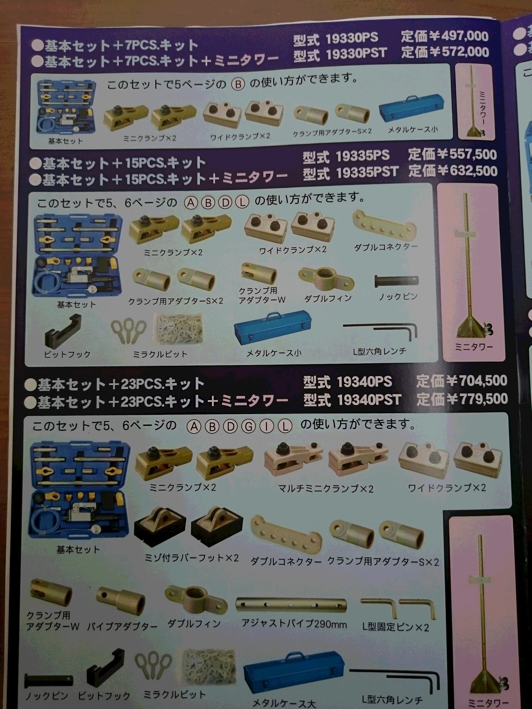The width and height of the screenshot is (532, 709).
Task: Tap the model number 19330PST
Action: tap(356, 53)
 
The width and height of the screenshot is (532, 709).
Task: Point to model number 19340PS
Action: tap(364, 382)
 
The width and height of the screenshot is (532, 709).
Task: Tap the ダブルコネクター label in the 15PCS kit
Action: tap(386, 247)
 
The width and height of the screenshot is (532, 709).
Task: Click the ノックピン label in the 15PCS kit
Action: tap(398, 297)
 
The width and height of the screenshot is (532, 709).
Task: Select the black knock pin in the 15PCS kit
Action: tap(397, 280)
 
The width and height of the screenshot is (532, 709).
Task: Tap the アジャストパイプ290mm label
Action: tap(294, 624)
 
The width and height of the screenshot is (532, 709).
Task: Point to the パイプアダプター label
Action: tap(123, 627)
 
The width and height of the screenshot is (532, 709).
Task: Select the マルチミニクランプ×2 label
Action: tap(326, 489)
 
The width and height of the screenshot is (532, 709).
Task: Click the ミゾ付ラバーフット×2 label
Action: tap(191, 558)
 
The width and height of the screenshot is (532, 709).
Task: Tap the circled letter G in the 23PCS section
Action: tap(248, 427)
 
